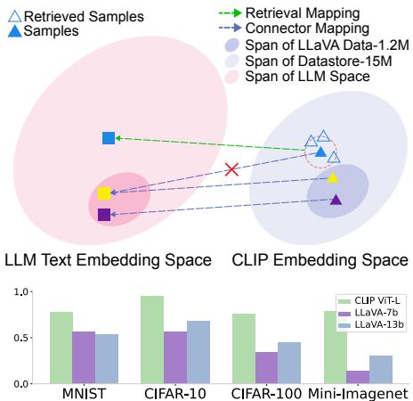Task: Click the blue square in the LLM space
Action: pos(109,137)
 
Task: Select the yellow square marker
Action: pos(104,193)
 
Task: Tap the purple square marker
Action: pos(104,214)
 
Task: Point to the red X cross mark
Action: pos(231,168)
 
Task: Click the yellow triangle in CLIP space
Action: pos(333,178)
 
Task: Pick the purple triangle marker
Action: pos(336,200)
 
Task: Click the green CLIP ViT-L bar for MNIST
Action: pos(61,348)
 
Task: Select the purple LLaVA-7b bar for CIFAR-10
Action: pos(175,357)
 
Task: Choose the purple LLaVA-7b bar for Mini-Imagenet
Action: pos(357,377)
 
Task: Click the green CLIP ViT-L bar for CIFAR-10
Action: pos(152,340)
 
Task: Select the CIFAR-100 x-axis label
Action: pos(266,393)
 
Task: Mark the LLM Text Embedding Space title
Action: pos(108,260)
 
